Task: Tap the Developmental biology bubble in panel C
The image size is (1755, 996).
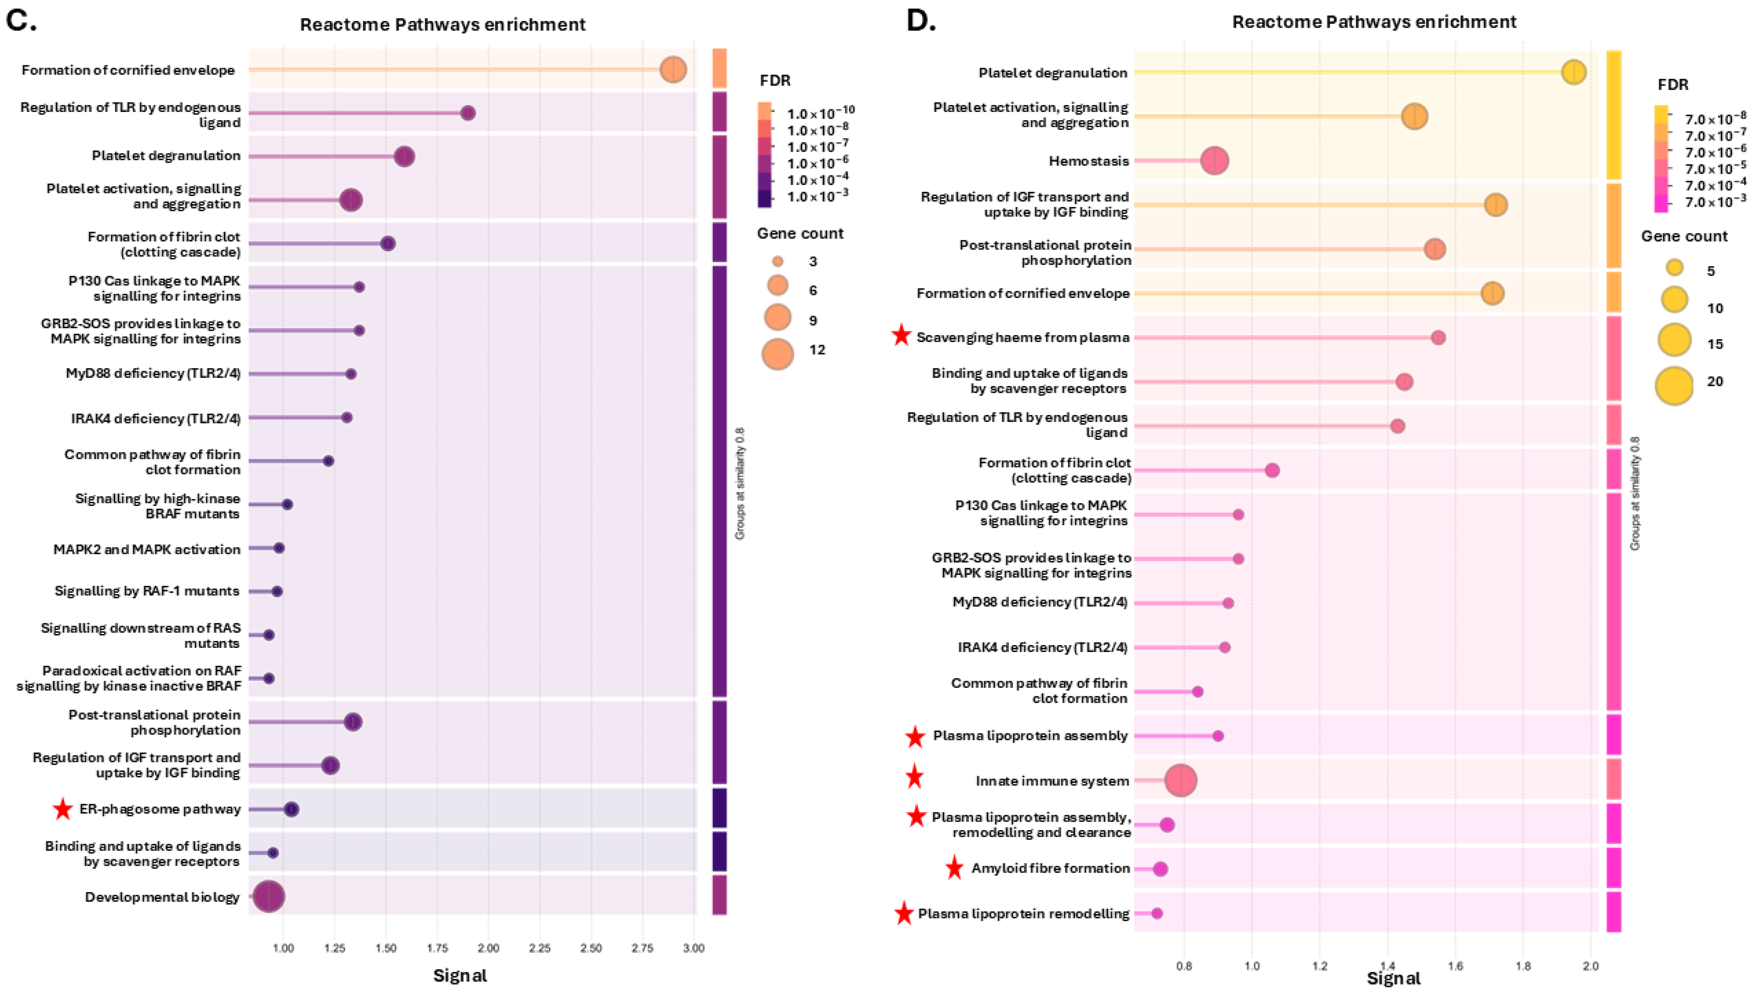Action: pos(269,897)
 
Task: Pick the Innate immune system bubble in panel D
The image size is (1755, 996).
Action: pos(1181,781)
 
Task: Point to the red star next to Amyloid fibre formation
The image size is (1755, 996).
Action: pos(955,868)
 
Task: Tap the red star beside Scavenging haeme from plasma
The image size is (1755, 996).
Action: pos(902,336)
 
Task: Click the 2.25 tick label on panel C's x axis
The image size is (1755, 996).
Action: pos(539,948)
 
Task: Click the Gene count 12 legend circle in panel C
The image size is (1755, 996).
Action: pos(778,354)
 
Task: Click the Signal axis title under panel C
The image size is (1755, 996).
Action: pos(460,975)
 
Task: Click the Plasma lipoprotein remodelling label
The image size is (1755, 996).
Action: pos(1023,914)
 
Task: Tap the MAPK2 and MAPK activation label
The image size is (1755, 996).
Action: pos(147,549)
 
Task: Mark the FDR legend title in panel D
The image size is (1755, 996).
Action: pos(1673,85)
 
